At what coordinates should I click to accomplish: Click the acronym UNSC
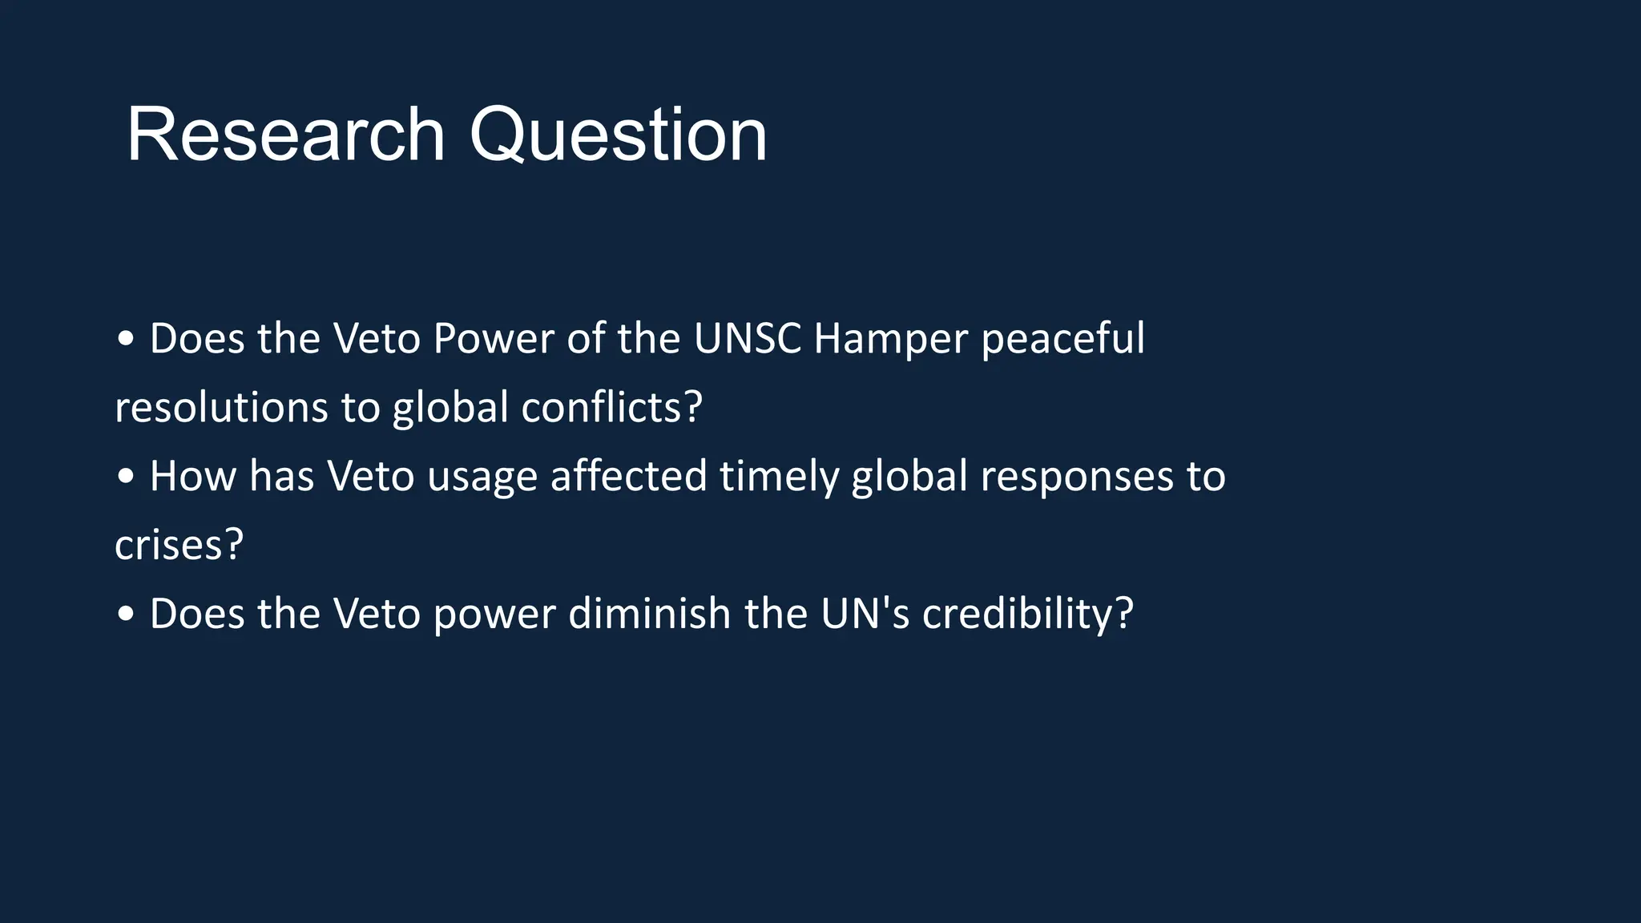click(x=747, y=338)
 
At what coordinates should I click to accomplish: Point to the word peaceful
click(x=1062, y=340)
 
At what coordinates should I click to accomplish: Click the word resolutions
click(x=221, y=407)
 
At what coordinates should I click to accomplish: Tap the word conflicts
click(x=611, y=407)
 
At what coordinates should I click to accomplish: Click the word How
click(x=192, y=476)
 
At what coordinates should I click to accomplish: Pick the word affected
click(x=628, y=476)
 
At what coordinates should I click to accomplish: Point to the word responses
click(x=1076, y=478)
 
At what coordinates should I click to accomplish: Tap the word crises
click(x=178, y=546)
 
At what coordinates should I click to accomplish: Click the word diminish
click(x=650, y=614)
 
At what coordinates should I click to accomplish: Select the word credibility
click(x=1027, y=615)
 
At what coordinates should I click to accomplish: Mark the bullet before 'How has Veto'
click(x=126, y=477)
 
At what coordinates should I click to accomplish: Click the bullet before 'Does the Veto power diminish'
click(x=126, y=615)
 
